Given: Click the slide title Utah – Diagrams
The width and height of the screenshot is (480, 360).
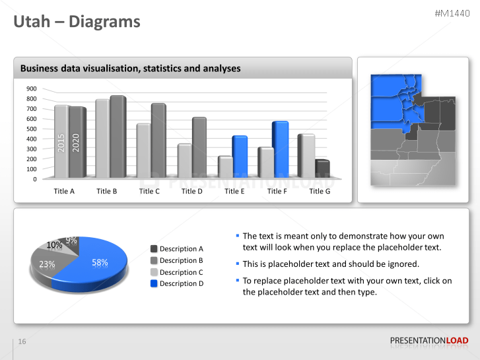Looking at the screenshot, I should click(x=77, y=22).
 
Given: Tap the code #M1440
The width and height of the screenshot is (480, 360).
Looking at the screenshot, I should click(x=452, y=13).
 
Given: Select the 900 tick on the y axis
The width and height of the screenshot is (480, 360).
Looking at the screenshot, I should click(x=32, y=89).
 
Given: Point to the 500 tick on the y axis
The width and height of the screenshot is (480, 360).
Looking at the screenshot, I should click(x=32, y=129).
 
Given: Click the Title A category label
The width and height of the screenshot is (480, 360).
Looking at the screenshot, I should click(x=64, y=191).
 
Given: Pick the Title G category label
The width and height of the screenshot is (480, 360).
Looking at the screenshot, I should click(x=320, y=191).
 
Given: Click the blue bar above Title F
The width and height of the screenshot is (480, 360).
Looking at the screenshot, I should click(x=280, y=149).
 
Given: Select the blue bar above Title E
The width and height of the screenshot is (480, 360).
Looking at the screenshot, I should click(x=239, y=157).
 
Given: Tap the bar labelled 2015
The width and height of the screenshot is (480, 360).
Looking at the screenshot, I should click(x=61, y=141).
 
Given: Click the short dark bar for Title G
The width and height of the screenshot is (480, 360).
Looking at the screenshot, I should click(x=322, y=169).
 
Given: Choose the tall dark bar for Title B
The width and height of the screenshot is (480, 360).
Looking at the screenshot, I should click(x=117, y=137).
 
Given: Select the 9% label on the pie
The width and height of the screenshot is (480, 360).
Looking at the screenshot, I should click(x=71, y=240).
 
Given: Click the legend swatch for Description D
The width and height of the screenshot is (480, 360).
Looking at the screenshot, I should click(x=154, y=283).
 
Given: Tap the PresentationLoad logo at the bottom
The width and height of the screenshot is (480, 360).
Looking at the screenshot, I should click(x=429, y=341).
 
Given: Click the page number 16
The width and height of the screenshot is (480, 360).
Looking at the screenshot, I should click(x=22, y=342).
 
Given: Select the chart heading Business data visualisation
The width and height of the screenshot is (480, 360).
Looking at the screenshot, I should click(x=130, y=68).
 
